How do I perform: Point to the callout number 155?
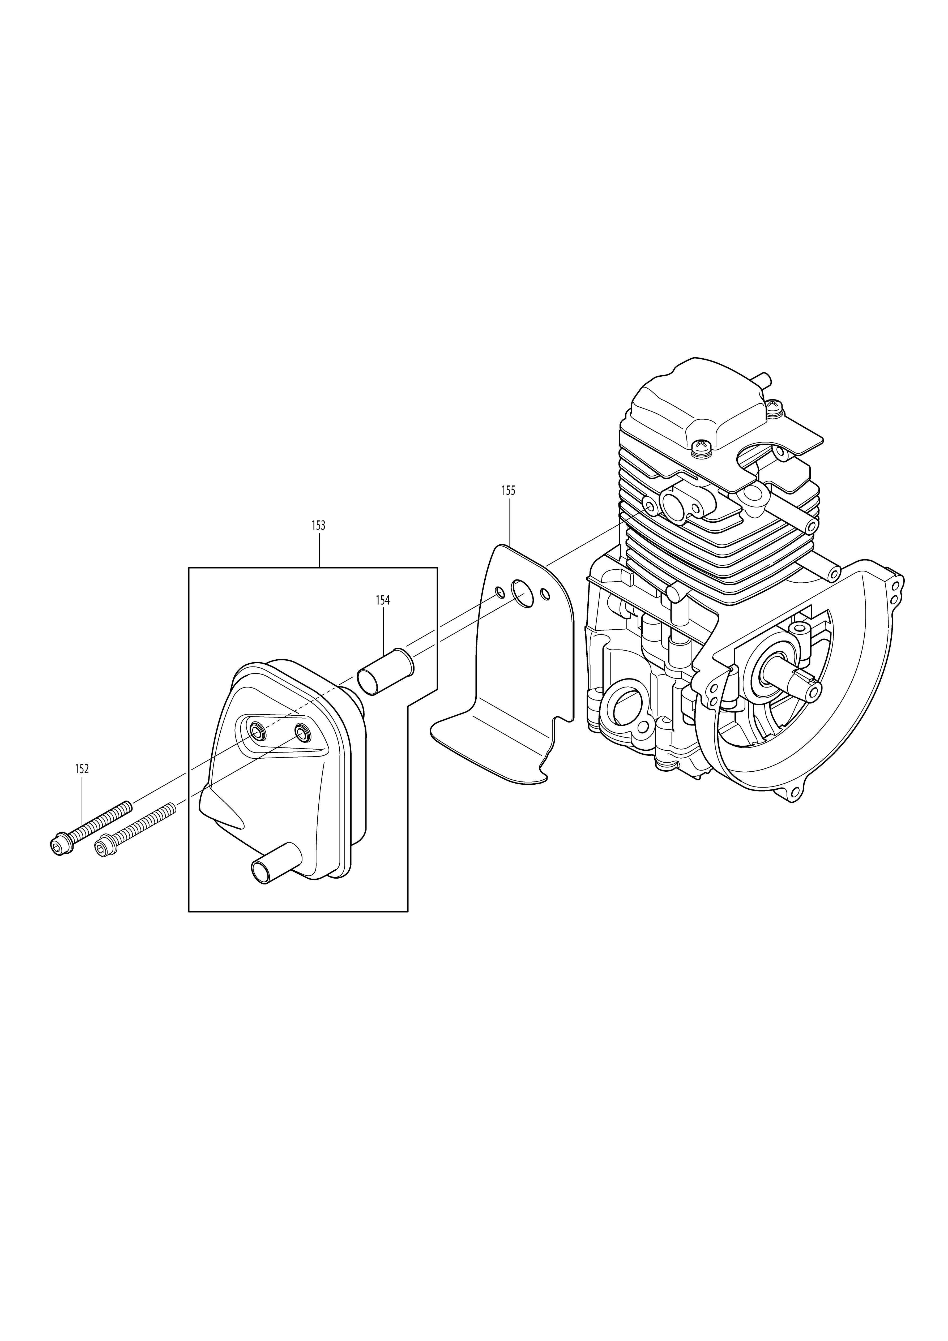point(509,491)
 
